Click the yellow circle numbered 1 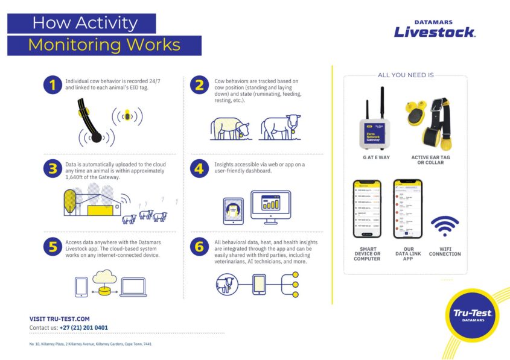(x=53, y=86)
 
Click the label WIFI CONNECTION (x=445, y=251)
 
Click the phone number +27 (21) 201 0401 (x=83, y=328)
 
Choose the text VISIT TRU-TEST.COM (x=59, y=319)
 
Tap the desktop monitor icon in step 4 (x=270, y=206)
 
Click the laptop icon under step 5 (x=133, y=286)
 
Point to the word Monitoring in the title (x=72, y=45)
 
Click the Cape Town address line (x=91, y=344)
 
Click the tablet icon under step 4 (x=233, y=210)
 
